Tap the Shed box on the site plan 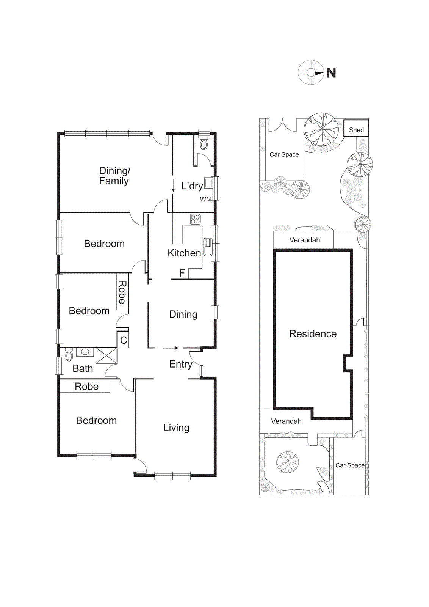[356, 128]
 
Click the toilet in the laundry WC [204, 144]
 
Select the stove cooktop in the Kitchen [195, 219]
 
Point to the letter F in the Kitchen [182, 273]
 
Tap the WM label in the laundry [205, 199]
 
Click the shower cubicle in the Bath [106, 355]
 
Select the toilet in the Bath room [69, 355]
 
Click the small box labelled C [124, 340]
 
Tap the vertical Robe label [122, 292]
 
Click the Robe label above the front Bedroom [86, 387]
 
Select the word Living [176, 428]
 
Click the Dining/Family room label [114, 176]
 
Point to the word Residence [313, 334]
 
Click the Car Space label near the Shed [284, 154]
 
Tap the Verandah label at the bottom [286, 421]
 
